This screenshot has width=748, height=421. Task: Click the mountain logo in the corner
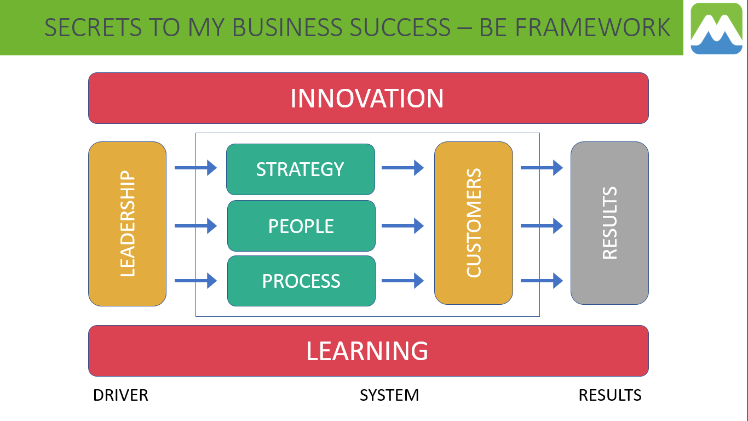click(x=716, y=29)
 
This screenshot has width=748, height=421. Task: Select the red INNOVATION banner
click(x=369, y=98)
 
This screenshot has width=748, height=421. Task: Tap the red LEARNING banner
click(x=369, y=351)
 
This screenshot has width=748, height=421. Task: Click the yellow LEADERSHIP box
click(x=127, y=224)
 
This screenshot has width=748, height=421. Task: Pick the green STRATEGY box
click(x=301, y=169)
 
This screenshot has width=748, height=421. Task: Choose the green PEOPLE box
click(x=301, y=226)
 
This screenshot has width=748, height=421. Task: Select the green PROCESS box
click(x=301, y=281)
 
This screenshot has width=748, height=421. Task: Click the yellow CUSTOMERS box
click(x=474, y=223)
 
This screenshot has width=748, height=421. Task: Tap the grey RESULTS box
click(x=609, y=223)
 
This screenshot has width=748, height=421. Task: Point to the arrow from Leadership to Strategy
click(x=195, y=168)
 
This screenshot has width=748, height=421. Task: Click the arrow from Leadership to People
click(x=195, y=226)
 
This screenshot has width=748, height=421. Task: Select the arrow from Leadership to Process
click(x=195, y=281)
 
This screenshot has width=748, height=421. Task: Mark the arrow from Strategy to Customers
click(x=402, y=168)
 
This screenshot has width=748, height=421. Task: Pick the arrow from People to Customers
click(x=402, y=226)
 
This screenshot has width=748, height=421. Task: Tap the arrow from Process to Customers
click(x=402, y=281)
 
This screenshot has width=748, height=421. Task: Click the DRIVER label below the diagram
click(x=120, y=395)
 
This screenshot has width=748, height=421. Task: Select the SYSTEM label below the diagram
click(x=389, y=395)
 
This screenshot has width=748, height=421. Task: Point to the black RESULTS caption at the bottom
click(x=610, y=395)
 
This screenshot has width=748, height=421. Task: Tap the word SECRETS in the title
click(x=93, y=27)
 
